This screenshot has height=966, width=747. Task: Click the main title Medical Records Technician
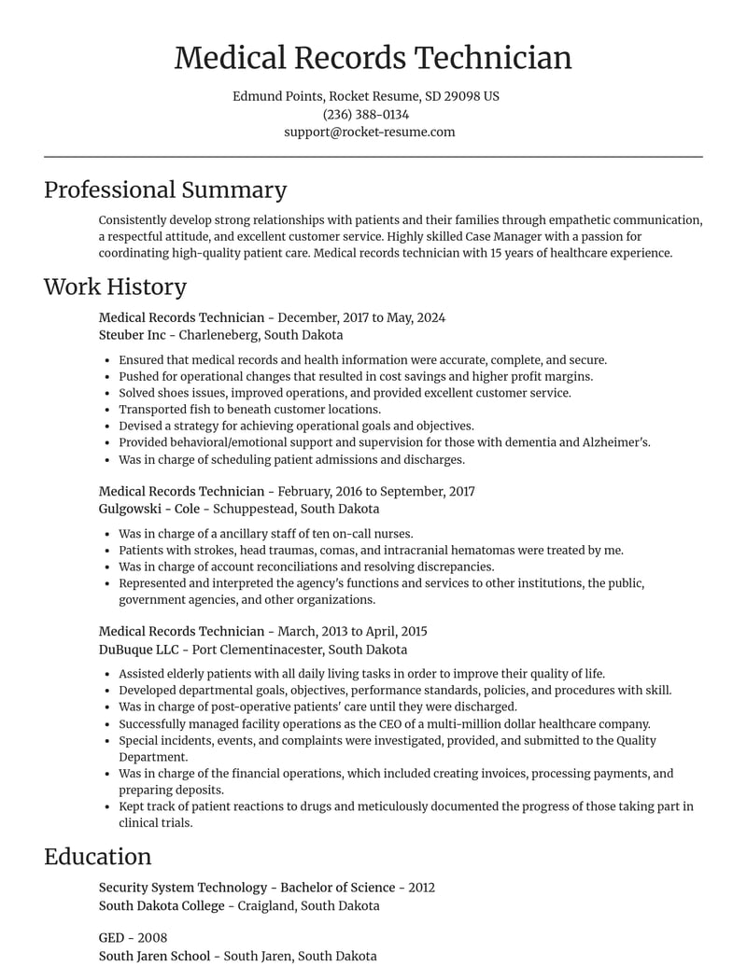(x=373, y=58)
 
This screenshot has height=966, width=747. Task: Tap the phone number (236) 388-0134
(x=366, y=114)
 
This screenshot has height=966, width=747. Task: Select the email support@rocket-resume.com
(x=370, y=132)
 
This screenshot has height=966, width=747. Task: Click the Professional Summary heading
(x=165, y=189)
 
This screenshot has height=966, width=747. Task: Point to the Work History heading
(x=115, y=287)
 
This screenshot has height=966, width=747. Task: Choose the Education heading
(x=97, y=857)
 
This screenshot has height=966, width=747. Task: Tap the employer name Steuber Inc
(x=132, y=335)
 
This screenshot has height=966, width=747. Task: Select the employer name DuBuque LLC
(x=139, y=650)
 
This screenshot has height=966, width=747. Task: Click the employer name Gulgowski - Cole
(x=148, y=509)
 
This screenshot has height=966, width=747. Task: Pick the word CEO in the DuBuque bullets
(x=444, y=724)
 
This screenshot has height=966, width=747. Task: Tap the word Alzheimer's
(x=616, y=442)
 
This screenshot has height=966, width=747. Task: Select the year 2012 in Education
(x=421, y=888)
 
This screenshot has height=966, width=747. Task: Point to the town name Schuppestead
(x=253, y=509)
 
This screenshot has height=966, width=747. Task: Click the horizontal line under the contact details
(x=373, y=157)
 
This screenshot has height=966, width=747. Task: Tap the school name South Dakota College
(x=162, y=905)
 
